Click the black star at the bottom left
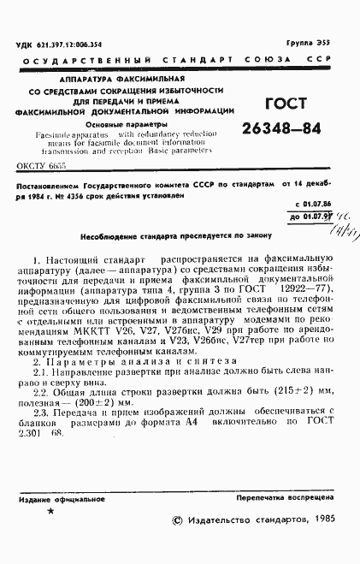click(x=50, y=511)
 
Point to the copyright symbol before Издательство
click(x=176, y=519)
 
